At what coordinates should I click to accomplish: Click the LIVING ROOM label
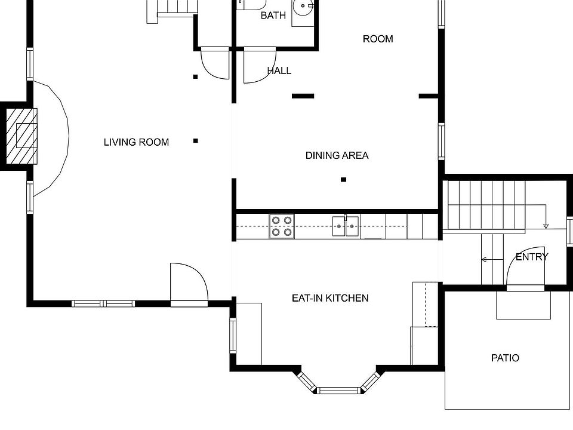136,142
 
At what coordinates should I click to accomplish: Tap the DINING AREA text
337,155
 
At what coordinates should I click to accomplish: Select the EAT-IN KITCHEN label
330,299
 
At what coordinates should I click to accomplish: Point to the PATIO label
505,358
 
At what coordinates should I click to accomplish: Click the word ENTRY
532,257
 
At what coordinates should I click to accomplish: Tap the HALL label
279,70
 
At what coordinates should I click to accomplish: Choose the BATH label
273,16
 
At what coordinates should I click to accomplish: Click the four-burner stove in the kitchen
282,226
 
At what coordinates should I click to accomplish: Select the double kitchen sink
346,226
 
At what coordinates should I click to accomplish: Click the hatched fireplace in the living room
21,136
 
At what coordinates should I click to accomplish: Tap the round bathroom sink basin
303,6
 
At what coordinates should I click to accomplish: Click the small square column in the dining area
344,180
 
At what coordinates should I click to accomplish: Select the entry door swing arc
512,261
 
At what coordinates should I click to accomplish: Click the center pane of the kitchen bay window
338,390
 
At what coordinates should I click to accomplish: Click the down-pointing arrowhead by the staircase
546,226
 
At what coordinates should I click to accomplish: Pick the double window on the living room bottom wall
103,303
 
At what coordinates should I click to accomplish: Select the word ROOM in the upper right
378,39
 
